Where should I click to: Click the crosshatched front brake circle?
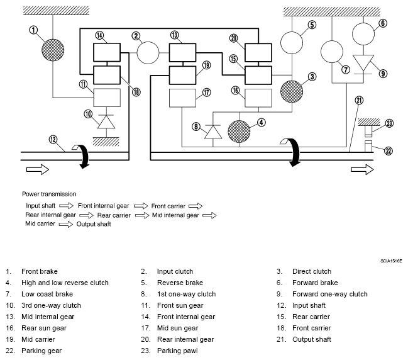click(x=53, y=50)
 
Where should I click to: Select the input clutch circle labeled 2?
click(x=148, y=53)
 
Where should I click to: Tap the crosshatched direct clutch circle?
click(x=292, y=91)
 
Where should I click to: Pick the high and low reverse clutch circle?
click(x=239, y=132)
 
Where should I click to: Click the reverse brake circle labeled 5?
click(x=292, y=43)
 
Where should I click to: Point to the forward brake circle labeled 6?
click(x=363, y=34)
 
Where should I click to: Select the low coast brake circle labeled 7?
click(x=332, y=52)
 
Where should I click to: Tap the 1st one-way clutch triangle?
click(x=213, y=132)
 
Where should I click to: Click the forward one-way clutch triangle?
click(x=363, y=63)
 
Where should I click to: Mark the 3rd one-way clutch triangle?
click(x=106, y=121)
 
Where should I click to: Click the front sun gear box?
click(x=107, y=98)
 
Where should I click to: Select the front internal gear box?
click(x=107, y=52)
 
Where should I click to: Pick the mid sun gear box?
click(x=182, y=98)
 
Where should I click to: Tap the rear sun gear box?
click(x=258, y=98)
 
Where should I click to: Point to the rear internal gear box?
click(x=258, y=53)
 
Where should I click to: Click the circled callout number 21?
click(x=359, y=100)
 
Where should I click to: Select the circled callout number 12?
click(x=53, y=140)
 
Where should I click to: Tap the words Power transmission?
click(x=49, y=194)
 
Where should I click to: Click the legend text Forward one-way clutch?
click(x=330, y=294)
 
